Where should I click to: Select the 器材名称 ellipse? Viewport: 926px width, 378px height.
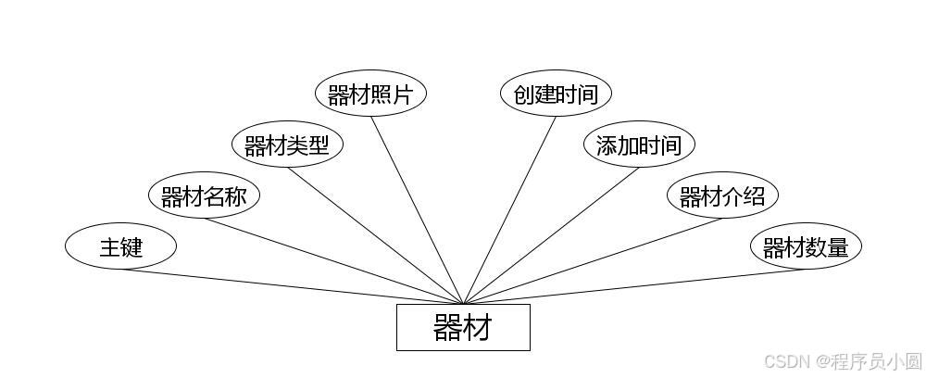coord(204,196)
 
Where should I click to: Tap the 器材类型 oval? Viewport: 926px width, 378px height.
coord(287,145)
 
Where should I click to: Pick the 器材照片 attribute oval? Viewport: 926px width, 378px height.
coord(370,94)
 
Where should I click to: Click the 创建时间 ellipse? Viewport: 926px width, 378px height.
coord(556,94)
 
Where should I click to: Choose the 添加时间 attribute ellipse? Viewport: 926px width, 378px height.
coord(639,145)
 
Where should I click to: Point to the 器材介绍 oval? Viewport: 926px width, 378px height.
coord(722,196)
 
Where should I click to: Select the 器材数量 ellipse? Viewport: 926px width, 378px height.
coord(806,246)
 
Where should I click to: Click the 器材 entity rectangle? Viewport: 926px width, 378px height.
coord(463,327)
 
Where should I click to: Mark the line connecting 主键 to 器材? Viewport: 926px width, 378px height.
coord(292,286)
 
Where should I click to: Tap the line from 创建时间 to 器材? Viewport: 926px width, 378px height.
coord(509,210)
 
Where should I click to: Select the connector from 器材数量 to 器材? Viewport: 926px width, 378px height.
coord(634,286)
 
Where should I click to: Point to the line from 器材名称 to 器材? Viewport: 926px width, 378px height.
coord(333,261)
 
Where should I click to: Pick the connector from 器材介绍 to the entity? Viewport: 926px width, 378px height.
coord(593,261)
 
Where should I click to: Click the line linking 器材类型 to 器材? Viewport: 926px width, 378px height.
coord(375,235)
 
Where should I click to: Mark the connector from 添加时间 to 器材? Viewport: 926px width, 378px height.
coord(551,235)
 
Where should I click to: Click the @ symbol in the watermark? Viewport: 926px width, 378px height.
coord(821,360)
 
